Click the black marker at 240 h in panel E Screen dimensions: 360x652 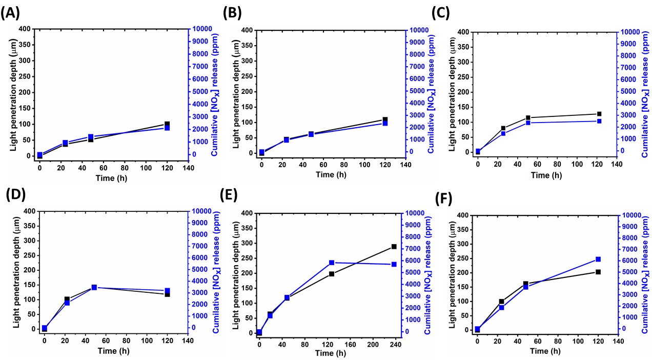394,247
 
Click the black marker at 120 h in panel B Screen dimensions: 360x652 385,119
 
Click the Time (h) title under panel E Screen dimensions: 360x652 328,353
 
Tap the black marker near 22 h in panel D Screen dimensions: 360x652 67,299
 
